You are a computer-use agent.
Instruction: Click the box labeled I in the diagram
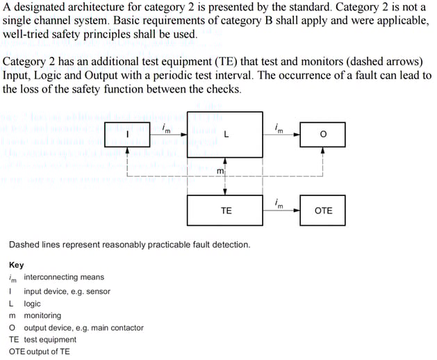(x=127, y=135)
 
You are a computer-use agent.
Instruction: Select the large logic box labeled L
(x=226, y=134)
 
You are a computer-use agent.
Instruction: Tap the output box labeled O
(x=323, y=135)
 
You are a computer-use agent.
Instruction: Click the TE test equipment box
(x=226, y=210)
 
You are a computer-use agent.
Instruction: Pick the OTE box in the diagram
(x=323, y=210)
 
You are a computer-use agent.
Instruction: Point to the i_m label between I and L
(x=165, y=127)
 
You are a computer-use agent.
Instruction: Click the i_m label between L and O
(x=279, y=127)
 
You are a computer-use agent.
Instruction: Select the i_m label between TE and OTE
(x=279, y=203)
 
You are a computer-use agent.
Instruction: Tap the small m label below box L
(x=220, y=170)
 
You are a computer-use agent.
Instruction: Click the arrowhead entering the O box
(x=297, y=135)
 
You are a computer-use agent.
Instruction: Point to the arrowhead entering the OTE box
(x=297, y=211)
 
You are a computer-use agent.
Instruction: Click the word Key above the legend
(x=16, y=265)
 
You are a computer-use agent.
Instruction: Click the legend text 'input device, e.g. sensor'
(x=67, y=291)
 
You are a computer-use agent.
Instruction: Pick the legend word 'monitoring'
(x=42, y=316)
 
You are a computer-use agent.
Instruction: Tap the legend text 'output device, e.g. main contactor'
(x=83, y=327)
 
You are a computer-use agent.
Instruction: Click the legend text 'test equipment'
(x=50, y=340)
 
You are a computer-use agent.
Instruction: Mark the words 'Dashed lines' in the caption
(x=33, y=245)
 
